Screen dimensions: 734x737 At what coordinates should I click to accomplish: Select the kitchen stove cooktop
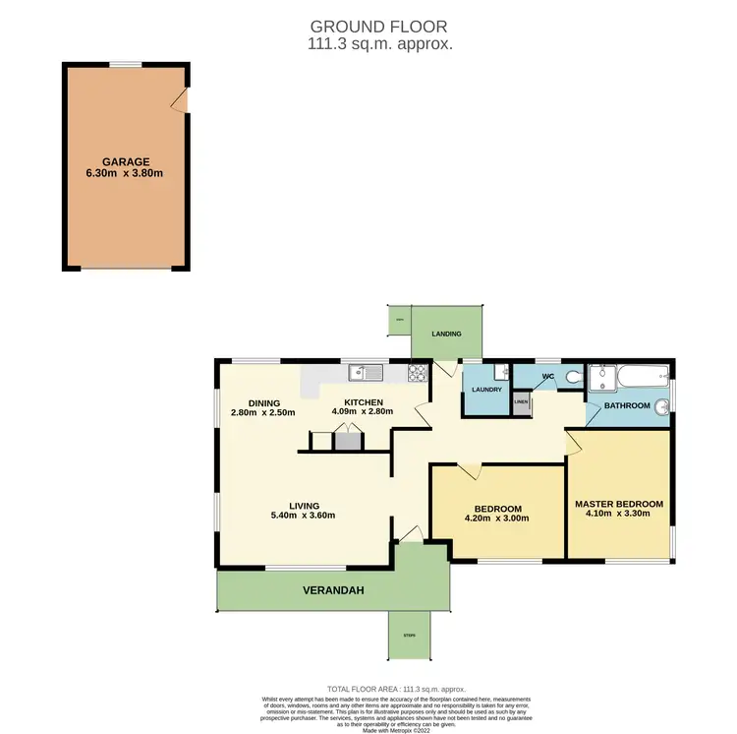pos(417,372)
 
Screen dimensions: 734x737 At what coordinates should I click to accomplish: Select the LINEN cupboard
pos(520,401)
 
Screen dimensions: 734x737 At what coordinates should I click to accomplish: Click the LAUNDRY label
pos(486,390)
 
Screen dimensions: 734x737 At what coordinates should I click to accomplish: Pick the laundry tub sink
pos(500,371)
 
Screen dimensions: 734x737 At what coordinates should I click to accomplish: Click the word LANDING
pos(446,335)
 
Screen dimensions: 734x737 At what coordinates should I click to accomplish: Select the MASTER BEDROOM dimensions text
pos(618,515)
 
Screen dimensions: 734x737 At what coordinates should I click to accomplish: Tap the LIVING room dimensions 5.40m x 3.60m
pos(304,515)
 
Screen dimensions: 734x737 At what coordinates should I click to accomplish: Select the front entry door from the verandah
pos(410,535)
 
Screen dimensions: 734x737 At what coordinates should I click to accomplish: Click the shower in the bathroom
pos(597,376)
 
